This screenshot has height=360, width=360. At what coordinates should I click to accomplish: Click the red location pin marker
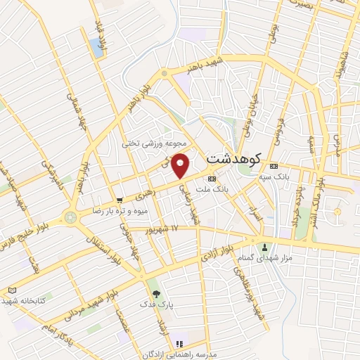pos(181,165)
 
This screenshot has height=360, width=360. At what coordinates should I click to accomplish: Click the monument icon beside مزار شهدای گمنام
pos(265,247)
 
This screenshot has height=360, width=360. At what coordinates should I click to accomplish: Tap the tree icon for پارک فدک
pos(156,294)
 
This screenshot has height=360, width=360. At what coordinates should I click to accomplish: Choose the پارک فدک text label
pos(156,305)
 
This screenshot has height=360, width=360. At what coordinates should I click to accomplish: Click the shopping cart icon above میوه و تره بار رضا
pos(119,200)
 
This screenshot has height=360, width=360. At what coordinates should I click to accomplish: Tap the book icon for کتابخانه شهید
pos(12,290)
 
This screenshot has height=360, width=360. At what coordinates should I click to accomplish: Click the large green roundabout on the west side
pos(70,217)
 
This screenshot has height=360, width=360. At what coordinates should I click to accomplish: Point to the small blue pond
pos(96,48)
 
